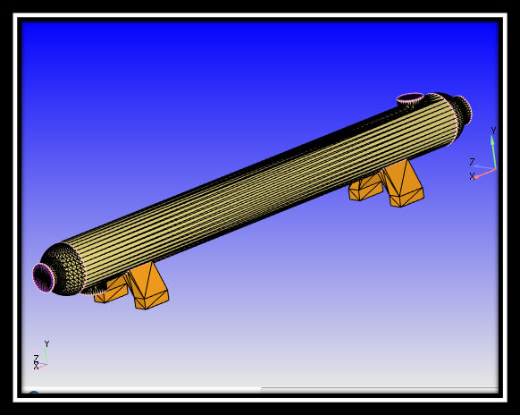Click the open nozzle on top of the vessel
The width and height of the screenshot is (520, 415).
tap(410, 97)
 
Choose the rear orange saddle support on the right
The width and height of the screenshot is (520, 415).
tap(365, 188)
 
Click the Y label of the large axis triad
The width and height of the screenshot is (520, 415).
tap(492, 131)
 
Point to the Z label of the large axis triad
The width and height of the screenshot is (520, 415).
tap(472, 162)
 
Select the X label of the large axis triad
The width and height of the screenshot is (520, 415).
tap(472, 176)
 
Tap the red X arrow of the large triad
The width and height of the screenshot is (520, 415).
tap(485, 173)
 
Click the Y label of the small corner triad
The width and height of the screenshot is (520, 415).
tap(46, 343)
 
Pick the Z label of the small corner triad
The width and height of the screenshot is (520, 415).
tap(36, 358)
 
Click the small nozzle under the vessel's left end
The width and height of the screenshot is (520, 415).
tap(94, 290)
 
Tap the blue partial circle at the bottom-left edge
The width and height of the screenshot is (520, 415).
tap(33, 394)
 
